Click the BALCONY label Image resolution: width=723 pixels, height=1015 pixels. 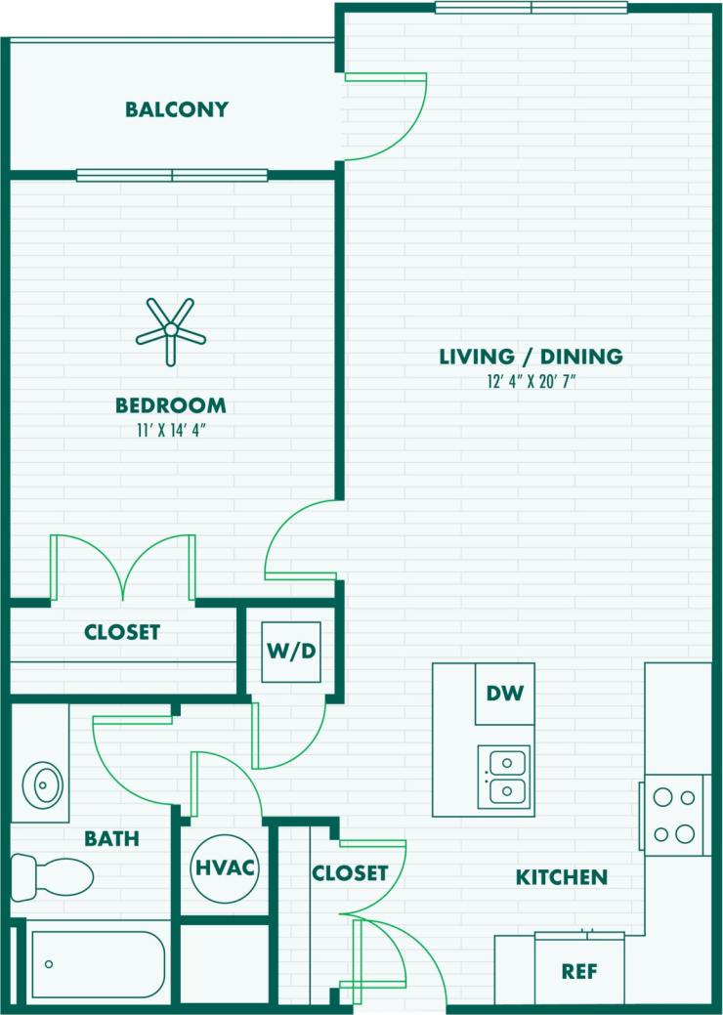[x=177, y=109]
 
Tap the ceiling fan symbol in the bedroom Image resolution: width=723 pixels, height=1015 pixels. [x=171, y=332]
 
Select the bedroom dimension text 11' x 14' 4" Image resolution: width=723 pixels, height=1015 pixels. [x=171, y=429]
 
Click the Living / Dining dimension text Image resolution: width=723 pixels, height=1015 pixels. [x=531, y=381]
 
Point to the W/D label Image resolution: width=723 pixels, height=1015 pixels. [x=291, y=649]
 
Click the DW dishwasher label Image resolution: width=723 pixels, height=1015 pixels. [x=505, y=694]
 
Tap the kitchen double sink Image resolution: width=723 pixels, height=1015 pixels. [x=504, y=776]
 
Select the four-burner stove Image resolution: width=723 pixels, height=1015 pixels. [x=674, y=815]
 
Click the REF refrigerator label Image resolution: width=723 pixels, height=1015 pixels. [x=578, y=972]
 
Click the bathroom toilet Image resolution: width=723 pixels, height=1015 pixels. [x=53, y=873]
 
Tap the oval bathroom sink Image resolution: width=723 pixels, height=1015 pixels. [x=44, y=782]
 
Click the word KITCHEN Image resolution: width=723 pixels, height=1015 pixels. [x=562, y=877]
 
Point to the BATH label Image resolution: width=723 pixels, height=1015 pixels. [x=111, y=838]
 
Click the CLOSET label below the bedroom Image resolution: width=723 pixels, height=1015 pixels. [x=122, y=632]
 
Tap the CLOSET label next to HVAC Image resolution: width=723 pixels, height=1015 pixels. [x=350, y=872]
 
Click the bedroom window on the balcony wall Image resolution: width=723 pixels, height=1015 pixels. [x=172, y=176]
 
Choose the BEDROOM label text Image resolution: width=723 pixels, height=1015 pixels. [x=171, y=404]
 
